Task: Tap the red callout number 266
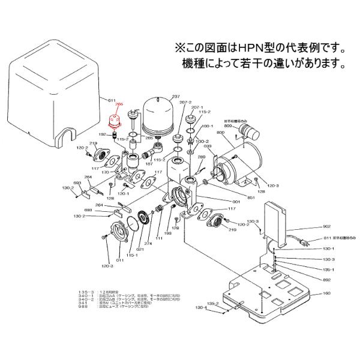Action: pos(118,103)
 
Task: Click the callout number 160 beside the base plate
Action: pos(326,293)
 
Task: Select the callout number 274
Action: pos(148,244)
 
